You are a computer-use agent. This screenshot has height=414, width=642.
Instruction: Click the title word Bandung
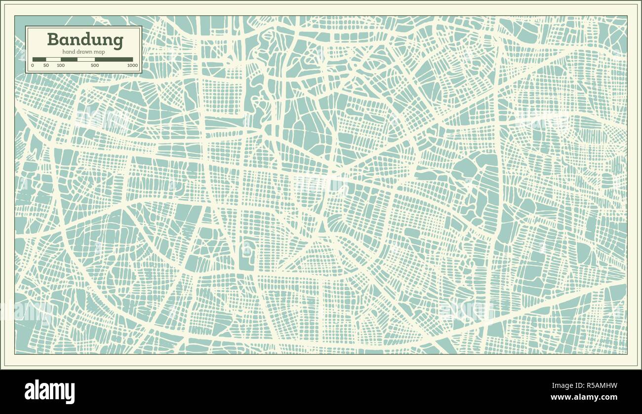pyautogui.click(x=85, y=40)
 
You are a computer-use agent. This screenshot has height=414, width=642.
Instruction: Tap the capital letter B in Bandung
pyautogui.click(x=52, y=39)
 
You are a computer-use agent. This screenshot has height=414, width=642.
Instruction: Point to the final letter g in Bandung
pyautogui.click(x=118, y=41)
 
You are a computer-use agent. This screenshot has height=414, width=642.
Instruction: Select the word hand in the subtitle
pyautogui.click(x=68, y=52)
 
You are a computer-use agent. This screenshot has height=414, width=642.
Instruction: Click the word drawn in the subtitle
pyautogui.click(x=84, y=52)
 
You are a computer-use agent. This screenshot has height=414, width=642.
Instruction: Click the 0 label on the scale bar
pyautogui.click(x=33, y=65)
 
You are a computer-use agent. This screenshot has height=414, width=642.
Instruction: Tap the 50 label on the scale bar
pyautogui.click(x=46, y=65)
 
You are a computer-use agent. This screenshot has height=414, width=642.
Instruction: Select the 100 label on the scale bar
pyautogui.click(x=60, y=65)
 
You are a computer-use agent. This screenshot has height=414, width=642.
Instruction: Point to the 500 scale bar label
pyautogui.click(x=95, y=65)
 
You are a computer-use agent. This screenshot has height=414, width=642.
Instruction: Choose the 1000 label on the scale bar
pyautogui.click(x=132, y=65)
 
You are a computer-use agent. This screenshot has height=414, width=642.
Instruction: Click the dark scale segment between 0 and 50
pyautogui.click(x=39, y=59)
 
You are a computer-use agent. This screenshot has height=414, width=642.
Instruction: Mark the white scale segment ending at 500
pyautogui.click(x=86, y=59)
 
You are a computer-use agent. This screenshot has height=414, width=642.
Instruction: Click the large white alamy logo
pyautogui.click(x=50, y=391)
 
